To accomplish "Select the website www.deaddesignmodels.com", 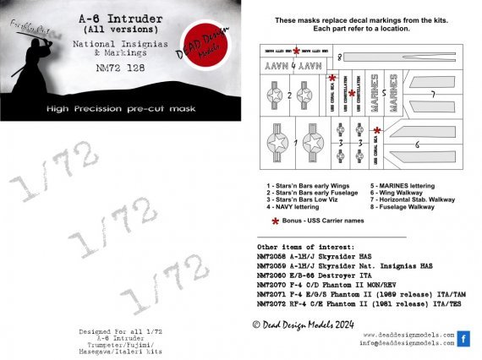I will click(x=409, y=334).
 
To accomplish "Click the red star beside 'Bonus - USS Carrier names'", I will click(x=274, y=221).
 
